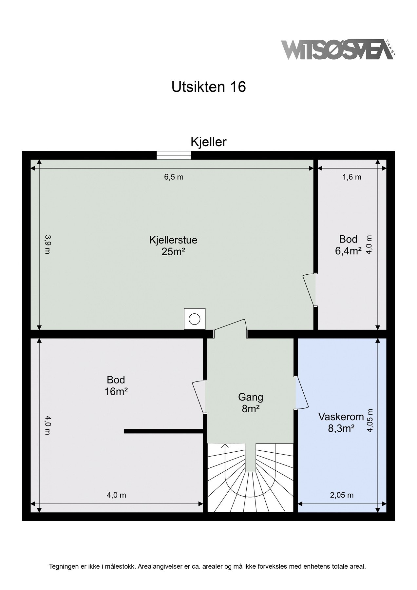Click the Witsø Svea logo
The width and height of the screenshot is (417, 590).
(338, 50)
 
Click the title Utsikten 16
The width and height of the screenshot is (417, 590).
(208, 87)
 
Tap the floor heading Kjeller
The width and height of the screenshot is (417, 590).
(208, 142)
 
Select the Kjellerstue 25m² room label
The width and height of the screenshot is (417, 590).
(173, 246)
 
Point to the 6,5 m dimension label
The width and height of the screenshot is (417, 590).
(174, 177)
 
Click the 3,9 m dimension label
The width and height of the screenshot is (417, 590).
(47, 244)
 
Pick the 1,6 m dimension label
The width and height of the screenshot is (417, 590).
(352, 177)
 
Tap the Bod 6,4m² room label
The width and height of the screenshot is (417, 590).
(348, 245)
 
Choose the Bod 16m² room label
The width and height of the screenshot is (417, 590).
(116, 385)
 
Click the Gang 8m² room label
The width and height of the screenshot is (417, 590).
(251, 403)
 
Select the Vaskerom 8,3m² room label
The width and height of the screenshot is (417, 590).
(341, 423)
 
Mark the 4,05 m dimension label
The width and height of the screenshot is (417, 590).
(370, 421)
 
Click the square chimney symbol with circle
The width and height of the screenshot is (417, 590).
(195, 319)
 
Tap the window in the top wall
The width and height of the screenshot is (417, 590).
(174, 155)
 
